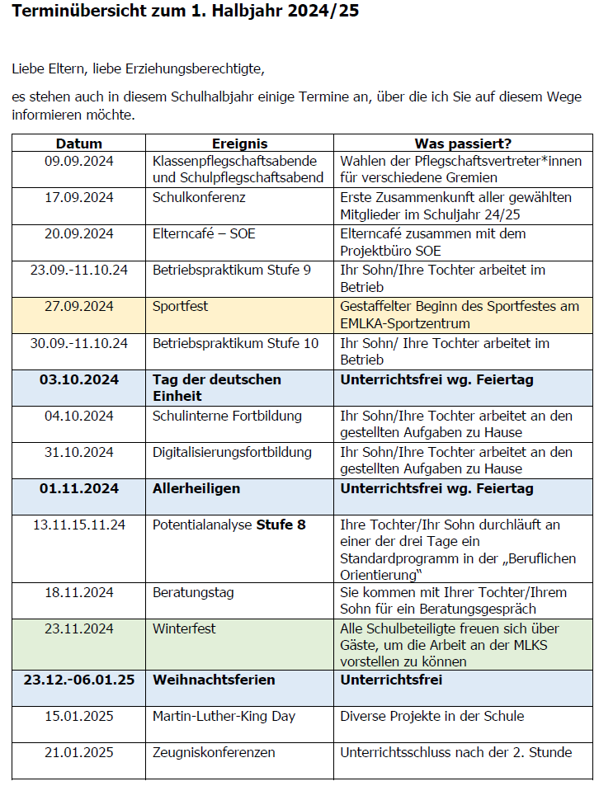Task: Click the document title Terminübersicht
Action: (x=174, y=12)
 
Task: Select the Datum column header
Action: (x=79, y=144)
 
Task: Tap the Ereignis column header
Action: (x=240, y=144)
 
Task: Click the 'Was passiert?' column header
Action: (x=463, y=144)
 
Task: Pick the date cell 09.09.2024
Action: (x=79, y=161)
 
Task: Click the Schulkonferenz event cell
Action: (x=199, y=198)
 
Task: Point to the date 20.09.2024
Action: (x=79, y=234)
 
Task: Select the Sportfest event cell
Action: (x=180, y=307)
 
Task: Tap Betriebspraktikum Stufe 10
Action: (x=235, y=343)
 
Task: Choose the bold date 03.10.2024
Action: (x=79, y=379)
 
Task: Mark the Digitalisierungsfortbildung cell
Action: (x=232, y=452)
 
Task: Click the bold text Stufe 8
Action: (x=281, y=525)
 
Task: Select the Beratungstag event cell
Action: (x=193, y=592)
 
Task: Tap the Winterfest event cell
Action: (x=184, y=628)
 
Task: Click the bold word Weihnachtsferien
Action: (x=214, y=680)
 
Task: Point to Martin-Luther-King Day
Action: (x=224, y=716)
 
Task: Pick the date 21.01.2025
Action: (x=79, y=752)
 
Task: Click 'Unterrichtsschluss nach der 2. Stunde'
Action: (x=455, y=752)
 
